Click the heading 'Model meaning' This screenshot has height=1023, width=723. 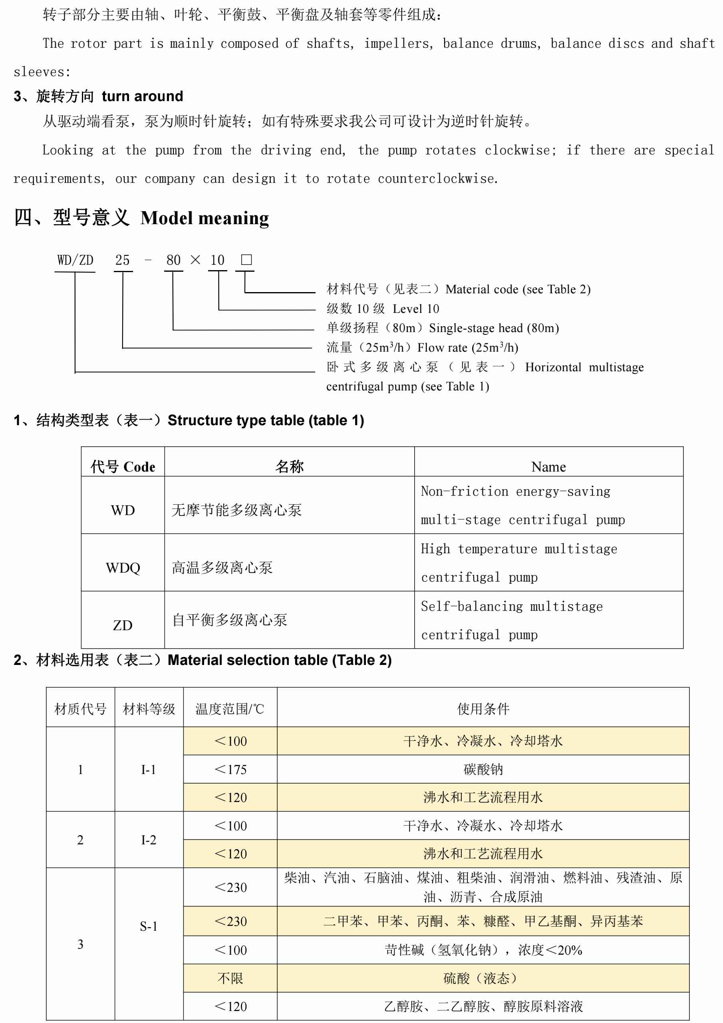coord(205,218)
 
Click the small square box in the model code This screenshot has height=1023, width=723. coord(246,260)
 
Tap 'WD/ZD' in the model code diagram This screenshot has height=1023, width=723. coord(75,260)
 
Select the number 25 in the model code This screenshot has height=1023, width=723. coord(123,260)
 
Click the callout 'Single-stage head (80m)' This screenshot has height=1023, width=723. coord(494,328)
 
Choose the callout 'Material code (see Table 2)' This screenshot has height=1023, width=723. coord(518,290)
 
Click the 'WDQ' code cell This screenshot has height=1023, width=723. coord(123,567)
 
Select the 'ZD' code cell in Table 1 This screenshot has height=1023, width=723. coord(123,625)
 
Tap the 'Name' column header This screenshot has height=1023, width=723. coord(548,466)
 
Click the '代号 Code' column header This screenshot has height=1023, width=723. coord(123,466)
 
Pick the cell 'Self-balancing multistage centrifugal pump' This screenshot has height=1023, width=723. coord(511,620)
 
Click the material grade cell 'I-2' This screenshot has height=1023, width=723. coord(149,840)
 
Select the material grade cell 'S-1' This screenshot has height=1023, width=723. coord(149,926)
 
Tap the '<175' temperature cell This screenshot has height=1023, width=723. coord(230,770)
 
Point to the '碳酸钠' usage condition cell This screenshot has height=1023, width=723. coord(483,770)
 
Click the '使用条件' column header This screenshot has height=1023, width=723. coord(483,709)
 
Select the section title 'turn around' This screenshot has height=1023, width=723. coord(142,96)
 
